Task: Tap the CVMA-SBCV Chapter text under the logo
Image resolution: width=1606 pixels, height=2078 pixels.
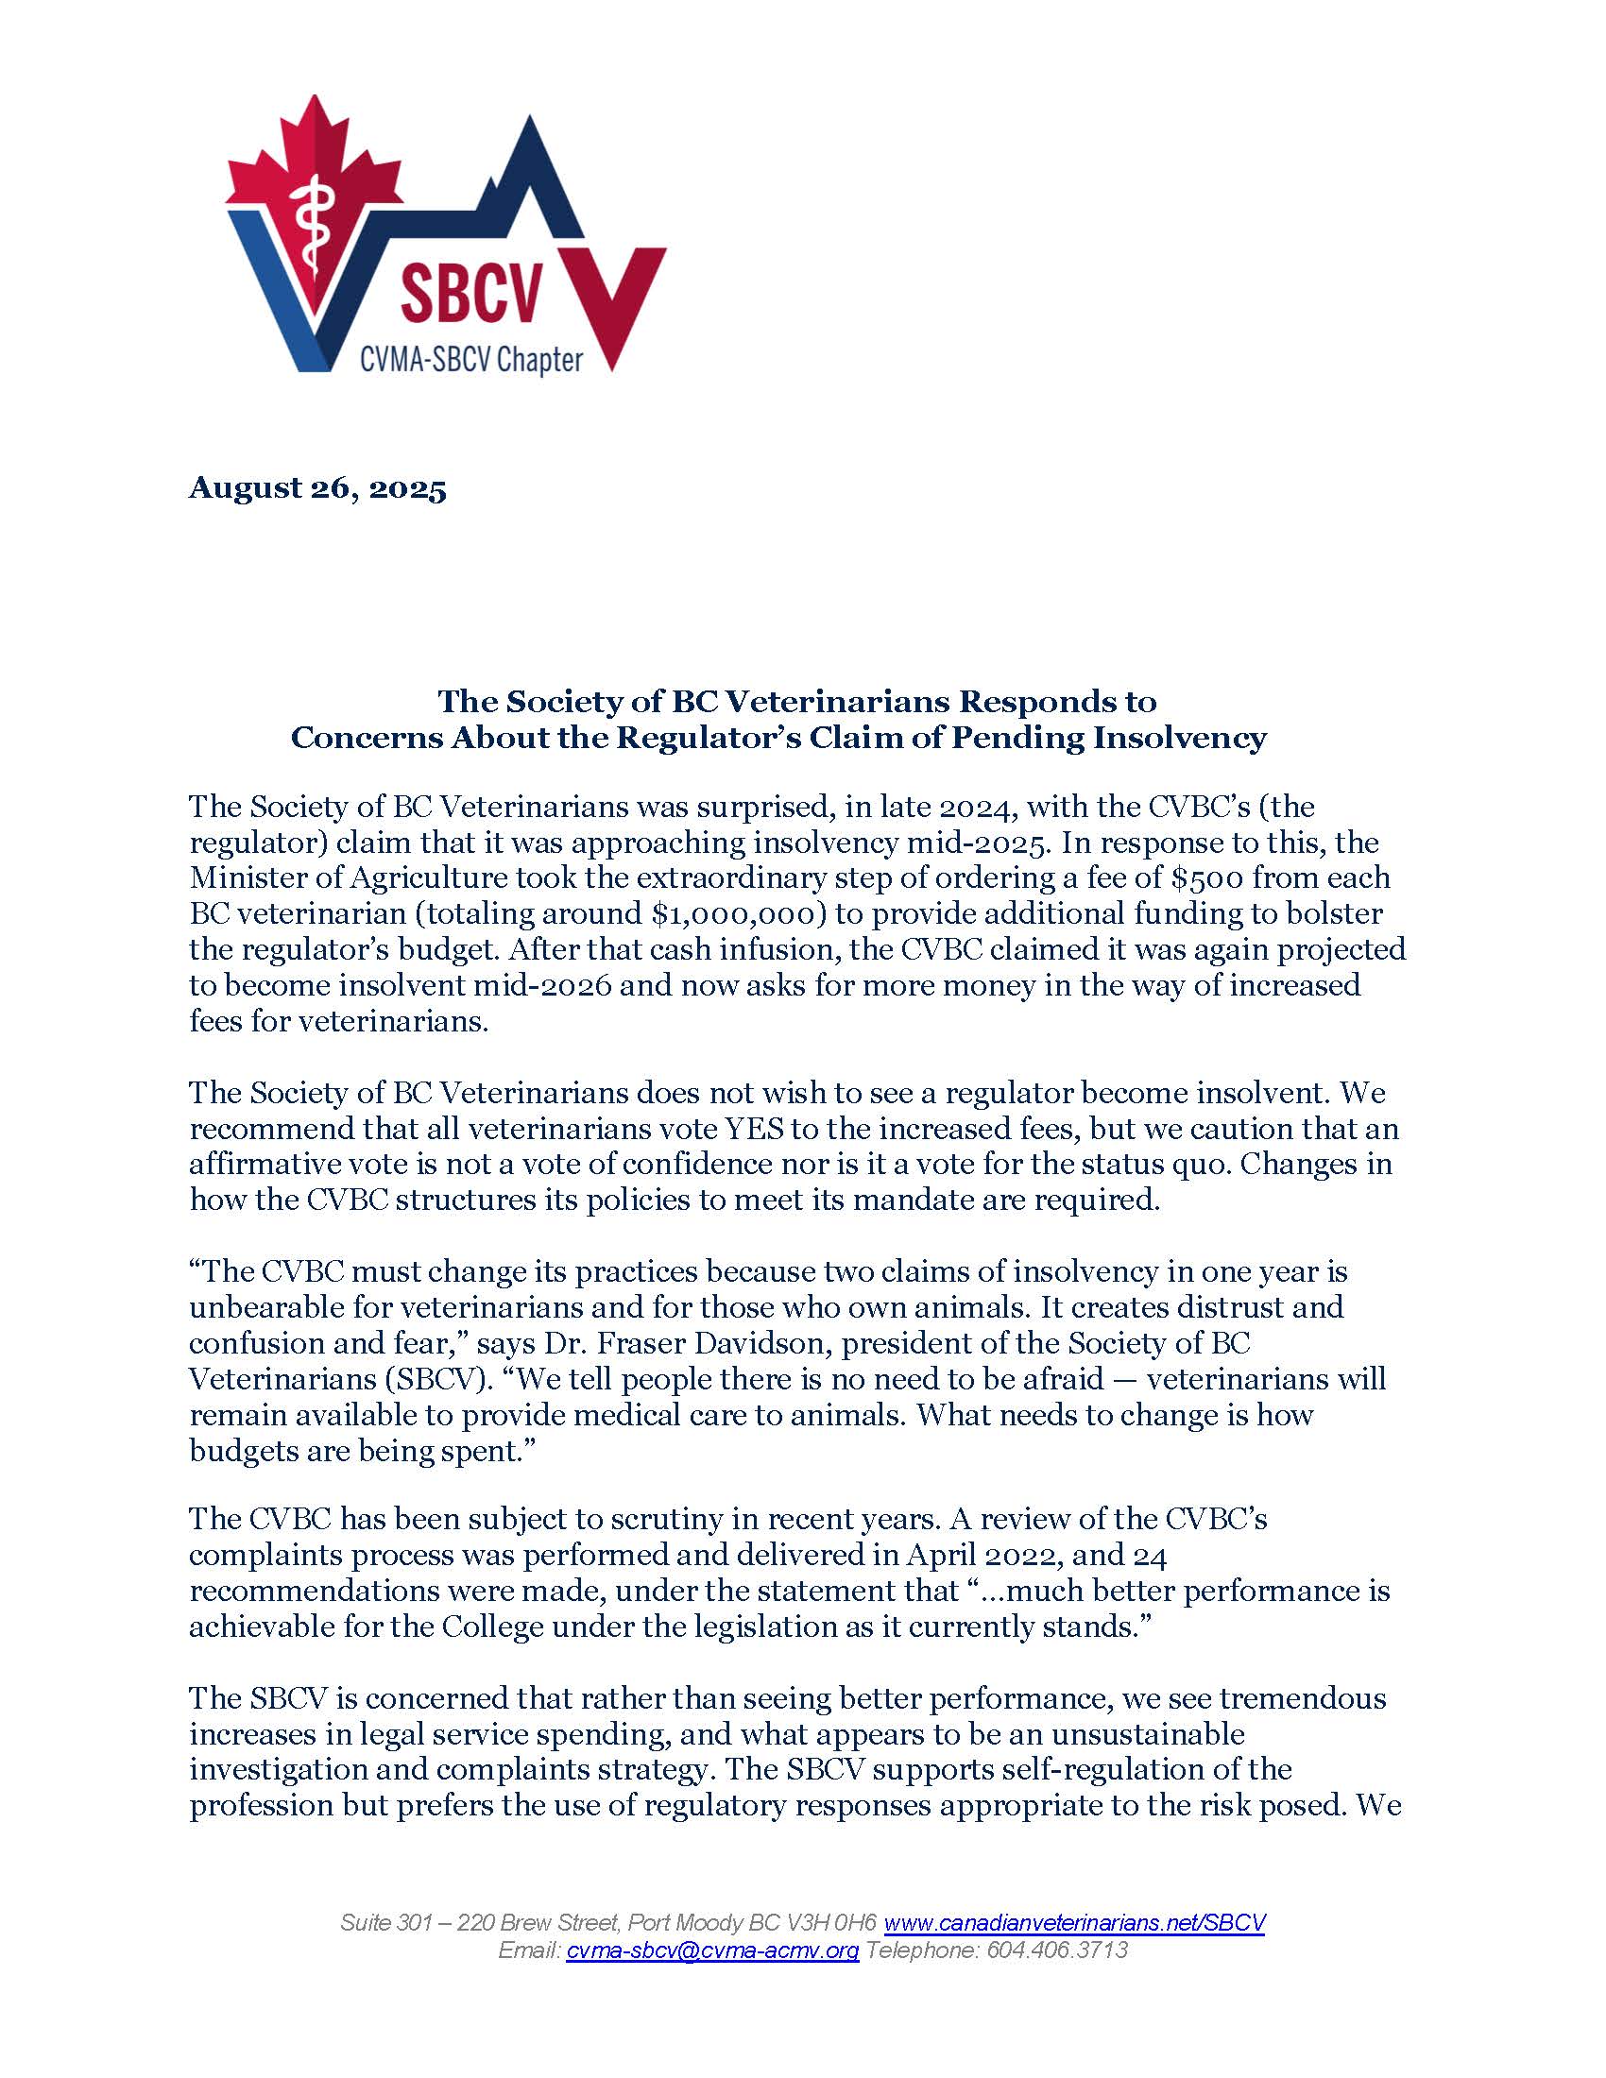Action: (x=470, y=360)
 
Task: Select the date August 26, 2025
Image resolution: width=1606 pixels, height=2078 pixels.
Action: (x=317, y=488)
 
